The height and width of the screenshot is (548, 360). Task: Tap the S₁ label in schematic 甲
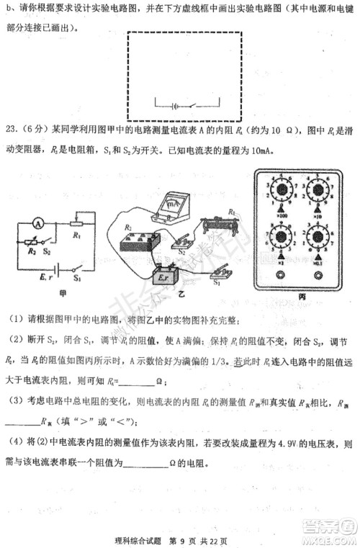coord(77,277)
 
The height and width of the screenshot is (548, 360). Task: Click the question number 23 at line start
coord(12,130)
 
